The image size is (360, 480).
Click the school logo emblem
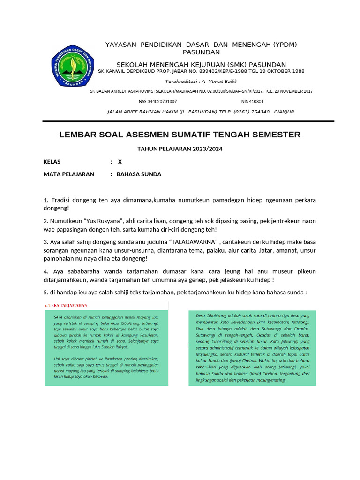tap(73, 66)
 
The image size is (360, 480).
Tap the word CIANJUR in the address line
tap(284, 112)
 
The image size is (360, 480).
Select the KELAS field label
tap(52, 162)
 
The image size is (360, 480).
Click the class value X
tap(120, 162)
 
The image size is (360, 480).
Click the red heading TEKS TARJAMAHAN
tap(67, 305)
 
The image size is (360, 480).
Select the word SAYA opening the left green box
tap(59, 316)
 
